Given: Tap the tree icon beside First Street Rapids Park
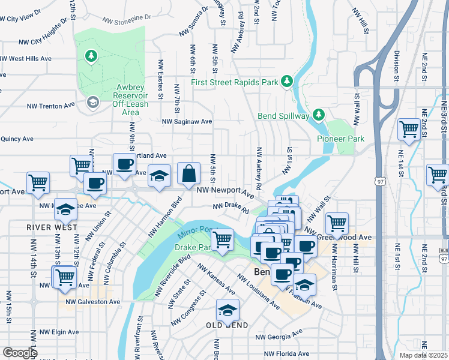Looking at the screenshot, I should point(287,81).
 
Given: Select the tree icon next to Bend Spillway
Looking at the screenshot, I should point(318,115).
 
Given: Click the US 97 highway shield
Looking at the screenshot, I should point(379,181).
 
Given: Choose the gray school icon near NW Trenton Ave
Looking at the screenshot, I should point(92,102).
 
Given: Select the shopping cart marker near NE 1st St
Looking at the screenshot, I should point(409,130).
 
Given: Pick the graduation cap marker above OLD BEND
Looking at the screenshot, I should point(228,310).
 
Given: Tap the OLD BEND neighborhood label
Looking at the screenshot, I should point(227,325).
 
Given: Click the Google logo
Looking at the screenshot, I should point(19,352).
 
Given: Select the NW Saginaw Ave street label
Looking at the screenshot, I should point(187,121).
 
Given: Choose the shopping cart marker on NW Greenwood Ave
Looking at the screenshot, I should point(337,224).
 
